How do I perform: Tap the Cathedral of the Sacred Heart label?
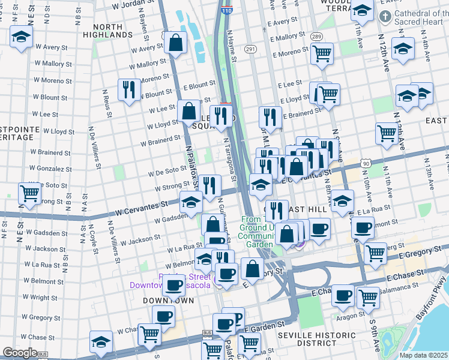(x=420, y=19)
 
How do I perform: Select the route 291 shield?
(x=250, y=49)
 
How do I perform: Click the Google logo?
(x=19, y=353)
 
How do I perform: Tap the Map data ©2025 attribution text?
(x=423, y=355)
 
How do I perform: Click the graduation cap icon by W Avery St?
(x=21, y=37)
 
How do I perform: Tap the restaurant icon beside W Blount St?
(x=129, y=89)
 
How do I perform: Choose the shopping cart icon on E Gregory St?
(x=376, y=253)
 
